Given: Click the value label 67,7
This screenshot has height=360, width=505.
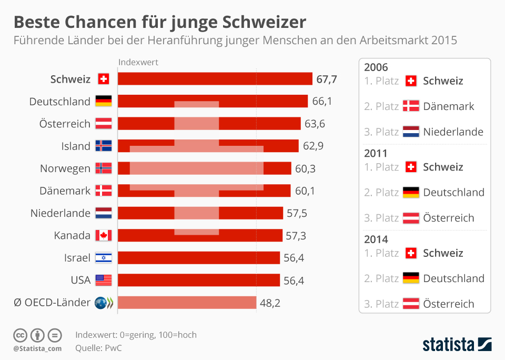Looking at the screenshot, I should pos(327,79).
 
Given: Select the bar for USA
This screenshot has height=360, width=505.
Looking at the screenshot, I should pos(199,280).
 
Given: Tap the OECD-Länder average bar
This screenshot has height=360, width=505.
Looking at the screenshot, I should pos(187,303).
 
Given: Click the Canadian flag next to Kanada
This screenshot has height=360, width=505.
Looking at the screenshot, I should pos(103,235).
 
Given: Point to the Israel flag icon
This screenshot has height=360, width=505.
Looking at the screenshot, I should pos(103,258).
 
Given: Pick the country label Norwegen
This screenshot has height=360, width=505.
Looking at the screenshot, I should pos(65,168).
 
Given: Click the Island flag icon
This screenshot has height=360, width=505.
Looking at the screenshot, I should pos(103,146).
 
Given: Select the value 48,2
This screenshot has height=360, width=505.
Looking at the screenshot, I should pos(271,303).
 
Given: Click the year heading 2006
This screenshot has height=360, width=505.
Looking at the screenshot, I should pos(376,67).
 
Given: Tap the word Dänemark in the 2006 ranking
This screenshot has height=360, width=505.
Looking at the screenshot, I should pos(448,106).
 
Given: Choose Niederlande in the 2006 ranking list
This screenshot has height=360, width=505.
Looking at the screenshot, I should pos(453,132).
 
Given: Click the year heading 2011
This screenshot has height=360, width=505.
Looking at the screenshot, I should pos(376,154).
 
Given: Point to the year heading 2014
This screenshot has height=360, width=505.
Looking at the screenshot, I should pos(376,239).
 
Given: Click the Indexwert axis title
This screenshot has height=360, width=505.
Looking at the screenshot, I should pos(138,62).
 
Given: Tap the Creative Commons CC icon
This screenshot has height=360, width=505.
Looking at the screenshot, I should pos(20,335).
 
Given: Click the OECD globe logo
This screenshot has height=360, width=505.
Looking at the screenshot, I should pos(100,303).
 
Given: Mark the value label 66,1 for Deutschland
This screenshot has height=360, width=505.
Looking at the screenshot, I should pos(322,102).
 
